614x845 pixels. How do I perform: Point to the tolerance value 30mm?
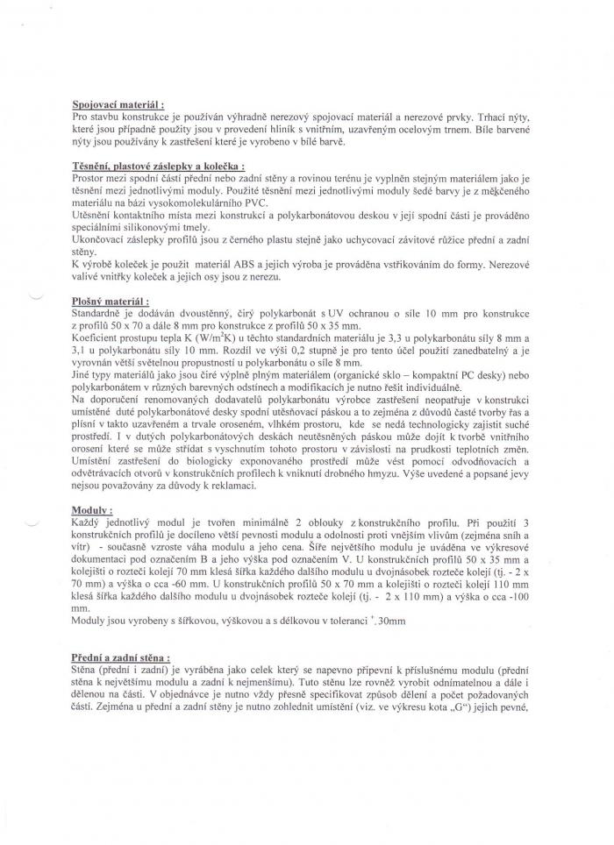(386, 621)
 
